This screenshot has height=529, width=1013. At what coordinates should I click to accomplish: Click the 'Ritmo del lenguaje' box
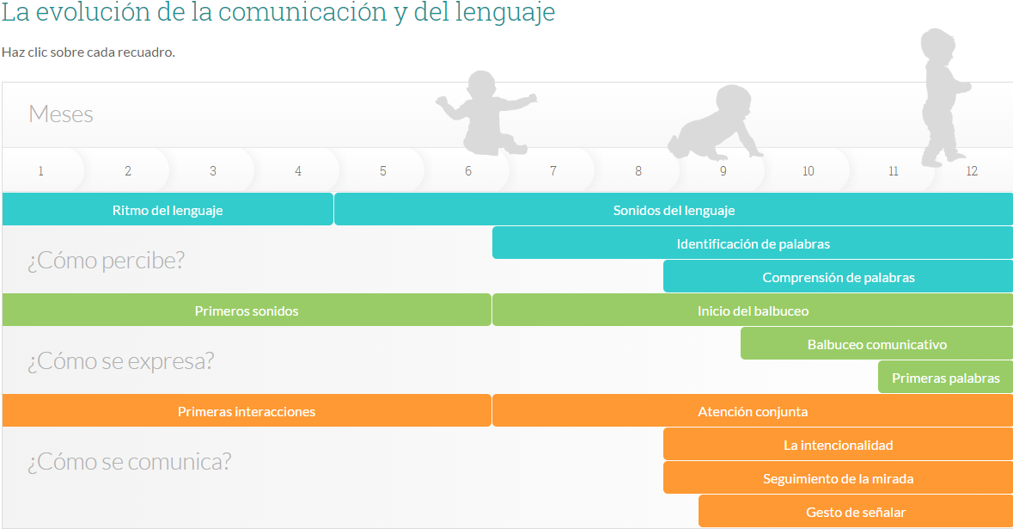168,210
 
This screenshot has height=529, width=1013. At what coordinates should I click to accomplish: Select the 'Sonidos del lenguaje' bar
673,210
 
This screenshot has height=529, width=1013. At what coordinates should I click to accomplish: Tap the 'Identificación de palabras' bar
753,243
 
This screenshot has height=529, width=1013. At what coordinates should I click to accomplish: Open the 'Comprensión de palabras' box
838,277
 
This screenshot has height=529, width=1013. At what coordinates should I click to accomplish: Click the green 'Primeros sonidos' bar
246,311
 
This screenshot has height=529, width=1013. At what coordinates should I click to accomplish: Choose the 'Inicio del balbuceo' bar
753,311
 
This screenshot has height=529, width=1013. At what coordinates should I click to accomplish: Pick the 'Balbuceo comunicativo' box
876,344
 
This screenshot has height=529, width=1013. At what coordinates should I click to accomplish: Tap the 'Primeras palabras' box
946,378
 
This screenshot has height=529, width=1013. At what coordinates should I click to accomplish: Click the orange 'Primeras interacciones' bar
246,411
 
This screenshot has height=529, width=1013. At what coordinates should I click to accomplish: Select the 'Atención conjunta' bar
753,411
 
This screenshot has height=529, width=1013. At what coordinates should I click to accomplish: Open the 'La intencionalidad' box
838,445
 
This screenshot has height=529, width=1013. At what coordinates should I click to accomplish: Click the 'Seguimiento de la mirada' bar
838,478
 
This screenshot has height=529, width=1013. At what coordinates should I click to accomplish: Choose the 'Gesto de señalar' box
856,512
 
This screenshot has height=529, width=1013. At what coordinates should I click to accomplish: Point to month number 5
383,170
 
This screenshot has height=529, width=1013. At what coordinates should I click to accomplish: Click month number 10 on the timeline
809,170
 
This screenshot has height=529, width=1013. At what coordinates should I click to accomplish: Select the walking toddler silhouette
942,97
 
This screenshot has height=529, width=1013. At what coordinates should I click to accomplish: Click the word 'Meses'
61,114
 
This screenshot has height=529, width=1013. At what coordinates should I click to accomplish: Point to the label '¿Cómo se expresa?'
120,361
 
